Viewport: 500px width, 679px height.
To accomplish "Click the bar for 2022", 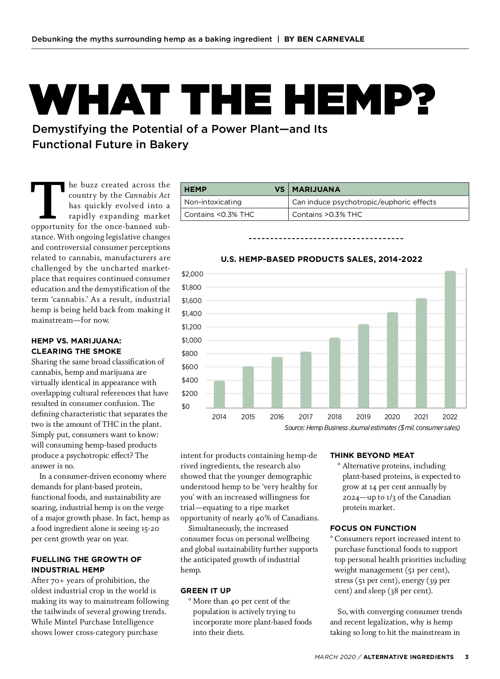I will coord(450,339).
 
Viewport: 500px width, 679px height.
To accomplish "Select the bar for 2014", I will coord(219,394).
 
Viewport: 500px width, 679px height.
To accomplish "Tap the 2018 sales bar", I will coord(335,373).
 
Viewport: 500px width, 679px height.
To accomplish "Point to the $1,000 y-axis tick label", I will coord(192,340).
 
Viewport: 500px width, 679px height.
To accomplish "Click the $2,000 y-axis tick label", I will coord(192,274).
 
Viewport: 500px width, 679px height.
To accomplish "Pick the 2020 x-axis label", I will coord(392,417).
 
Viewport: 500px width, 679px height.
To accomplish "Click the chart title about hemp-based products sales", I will coord(321,259).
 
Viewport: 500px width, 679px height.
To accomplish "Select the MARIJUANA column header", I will coord(316,189).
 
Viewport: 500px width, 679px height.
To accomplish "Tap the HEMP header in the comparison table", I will coord(195,189).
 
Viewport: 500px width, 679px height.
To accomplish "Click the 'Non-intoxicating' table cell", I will coord(213,202).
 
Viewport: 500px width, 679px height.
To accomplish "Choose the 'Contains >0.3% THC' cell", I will coord(327,214).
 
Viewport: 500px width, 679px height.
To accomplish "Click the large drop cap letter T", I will coord(48,201).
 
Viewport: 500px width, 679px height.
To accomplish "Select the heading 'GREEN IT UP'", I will coord(205,590).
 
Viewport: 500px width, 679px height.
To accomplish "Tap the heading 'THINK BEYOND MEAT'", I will coord(372,455).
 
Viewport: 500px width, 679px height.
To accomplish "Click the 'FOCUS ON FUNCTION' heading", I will coord(373,528).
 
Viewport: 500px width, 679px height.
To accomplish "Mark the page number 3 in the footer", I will coord(467,657).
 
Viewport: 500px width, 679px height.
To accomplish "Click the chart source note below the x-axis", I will coord(372,428).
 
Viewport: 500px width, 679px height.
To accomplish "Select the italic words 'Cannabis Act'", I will coord(147,195).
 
